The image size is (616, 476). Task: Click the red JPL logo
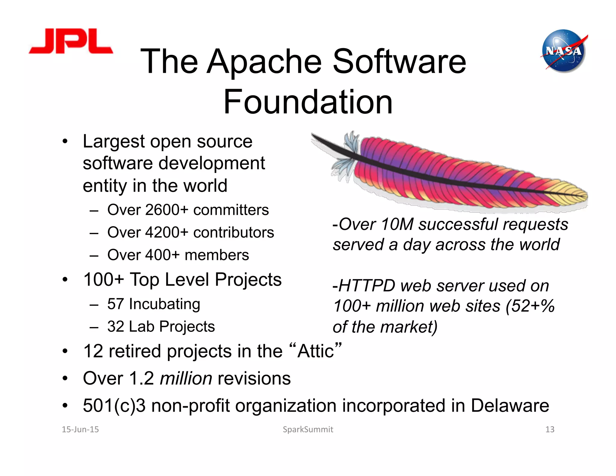coord(71,42)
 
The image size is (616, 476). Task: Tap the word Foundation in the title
coord(308,102)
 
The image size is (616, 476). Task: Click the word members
coord(217,255)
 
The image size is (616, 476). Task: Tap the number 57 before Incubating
coord(115,304)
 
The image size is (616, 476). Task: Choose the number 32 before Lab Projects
coord(115,326)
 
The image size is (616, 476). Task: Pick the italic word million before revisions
coord(186,378)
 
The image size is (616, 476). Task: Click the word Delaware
coord(510,405)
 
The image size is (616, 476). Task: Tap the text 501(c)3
coord(114,405)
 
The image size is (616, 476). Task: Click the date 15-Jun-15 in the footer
coord(80,429)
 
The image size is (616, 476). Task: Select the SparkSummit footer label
coord(308,429)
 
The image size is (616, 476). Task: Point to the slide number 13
coord(550,429)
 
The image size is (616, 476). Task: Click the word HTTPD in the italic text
coord(366,286)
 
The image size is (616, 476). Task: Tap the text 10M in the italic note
coord(397,224)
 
